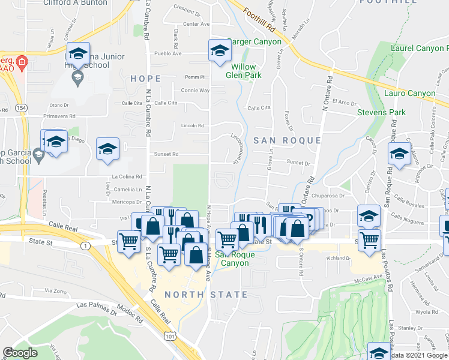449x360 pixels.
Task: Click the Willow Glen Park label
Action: coord(244,71)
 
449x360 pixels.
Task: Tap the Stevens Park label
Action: coord(381,112)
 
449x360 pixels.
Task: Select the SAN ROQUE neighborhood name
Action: coord(286,140)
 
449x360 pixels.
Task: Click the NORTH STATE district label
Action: coord(206,295)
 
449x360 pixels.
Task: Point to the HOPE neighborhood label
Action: coord(145,79)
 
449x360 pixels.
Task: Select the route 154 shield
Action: coord(22,107)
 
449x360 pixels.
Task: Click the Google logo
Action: coord(20,352)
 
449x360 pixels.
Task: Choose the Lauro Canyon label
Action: coord(413,93)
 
